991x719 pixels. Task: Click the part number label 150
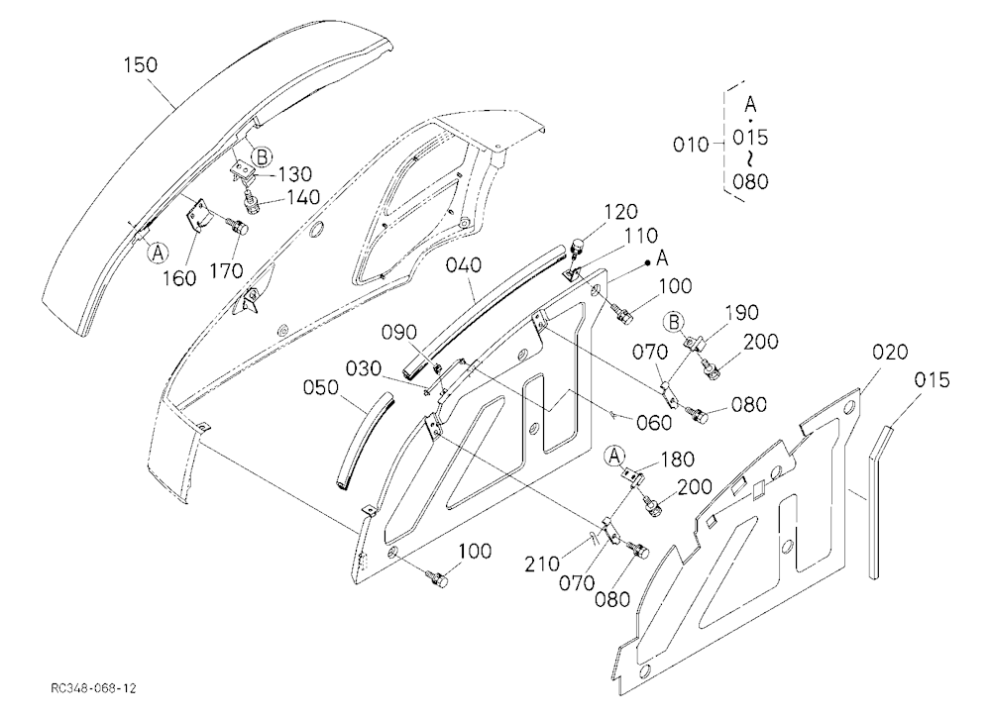(x=141, y=65)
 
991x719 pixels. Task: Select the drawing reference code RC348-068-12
(x=94, y=688)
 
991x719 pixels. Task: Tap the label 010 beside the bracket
(x=691, y=145)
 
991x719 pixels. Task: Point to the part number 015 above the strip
(x=932, y=380)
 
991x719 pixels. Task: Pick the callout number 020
(x=890, y=352)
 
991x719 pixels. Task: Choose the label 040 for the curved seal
(x=463, y=264)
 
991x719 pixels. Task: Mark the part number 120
(x=620, y=212)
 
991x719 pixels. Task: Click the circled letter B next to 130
(x=262, y=155)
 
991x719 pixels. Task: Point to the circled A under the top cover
(x=158, y=254)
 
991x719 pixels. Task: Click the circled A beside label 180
(x=614, y=456)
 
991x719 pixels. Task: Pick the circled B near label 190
(x=675, y=322)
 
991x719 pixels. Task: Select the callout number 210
(x=542, y=564)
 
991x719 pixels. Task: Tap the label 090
(x=399, y=333)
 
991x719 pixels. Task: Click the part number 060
(x=654, y=423)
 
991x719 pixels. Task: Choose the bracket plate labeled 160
(x=200, y=216)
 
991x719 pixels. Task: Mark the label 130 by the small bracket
(x=295, y=173)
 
